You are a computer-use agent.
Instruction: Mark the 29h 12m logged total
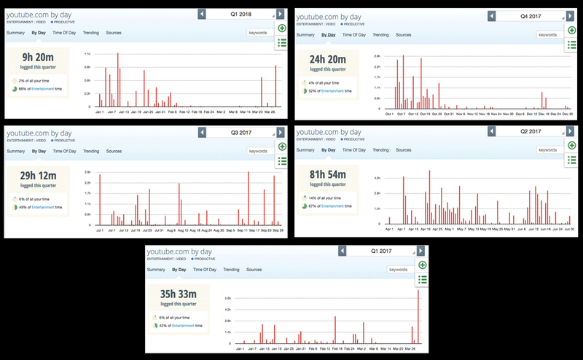click(38, 177)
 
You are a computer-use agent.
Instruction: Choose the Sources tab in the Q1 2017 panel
click(254, 270)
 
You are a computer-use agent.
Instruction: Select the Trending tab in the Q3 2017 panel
click(91, 151)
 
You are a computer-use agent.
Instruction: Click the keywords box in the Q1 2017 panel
click(399, 270)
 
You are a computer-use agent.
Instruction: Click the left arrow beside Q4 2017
click(492, 15)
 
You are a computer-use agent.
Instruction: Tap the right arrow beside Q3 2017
click(281, 133)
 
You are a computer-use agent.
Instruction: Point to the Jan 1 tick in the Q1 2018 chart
click(99, 113)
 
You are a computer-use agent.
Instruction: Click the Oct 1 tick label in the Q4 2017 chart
click(387, 114)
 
